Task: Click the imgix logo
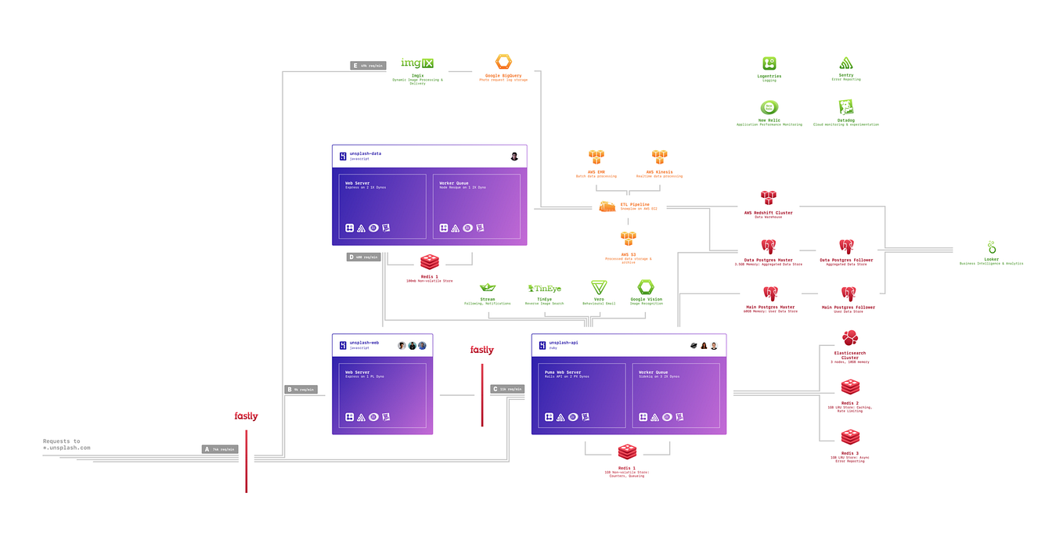(417, 63)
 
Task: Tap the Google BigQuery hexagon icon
(503, 62)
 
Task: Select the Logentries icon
(769, 64)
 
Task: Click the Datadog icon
(845, 108)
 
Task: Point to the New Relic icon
(769, 108)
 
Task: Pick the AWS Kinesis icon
(660, 158)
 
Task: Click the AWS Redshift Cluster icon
(768, 198)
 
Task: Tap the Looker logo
(991, 248)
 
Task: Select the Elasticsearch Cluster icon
(850, 338)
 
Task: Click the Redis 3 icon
(850, 438)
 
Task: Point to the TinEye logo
(544, 289)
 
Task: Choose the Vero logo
(599, 287)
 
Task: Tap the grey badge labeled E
(368, 66)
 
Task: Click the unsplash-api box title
(563, 343)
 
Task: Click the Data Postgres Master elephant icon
(769, 247)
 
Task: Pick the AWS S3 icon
(628, 239)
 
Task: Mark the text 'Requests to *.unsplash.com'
(67, 444)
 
